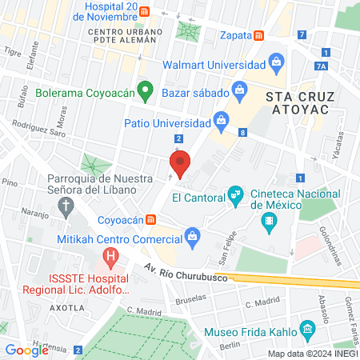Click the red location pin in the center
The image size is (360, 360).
181,163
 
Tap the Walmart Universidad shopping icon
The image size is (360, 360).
276,62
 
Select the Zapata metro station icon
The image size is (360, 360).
259,36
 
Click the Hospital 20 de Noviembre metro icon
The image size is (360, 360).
143,11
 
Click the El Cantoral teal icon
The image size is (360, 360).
235,194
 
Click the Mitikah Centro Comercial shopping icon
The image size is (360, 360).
192,235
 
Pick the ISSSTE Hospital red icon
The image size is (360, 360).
110,258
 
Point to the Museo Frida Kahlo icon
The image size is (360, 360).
306,330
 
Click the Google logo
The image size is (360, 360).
27,350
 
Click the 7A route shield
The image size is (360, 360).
322,66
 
